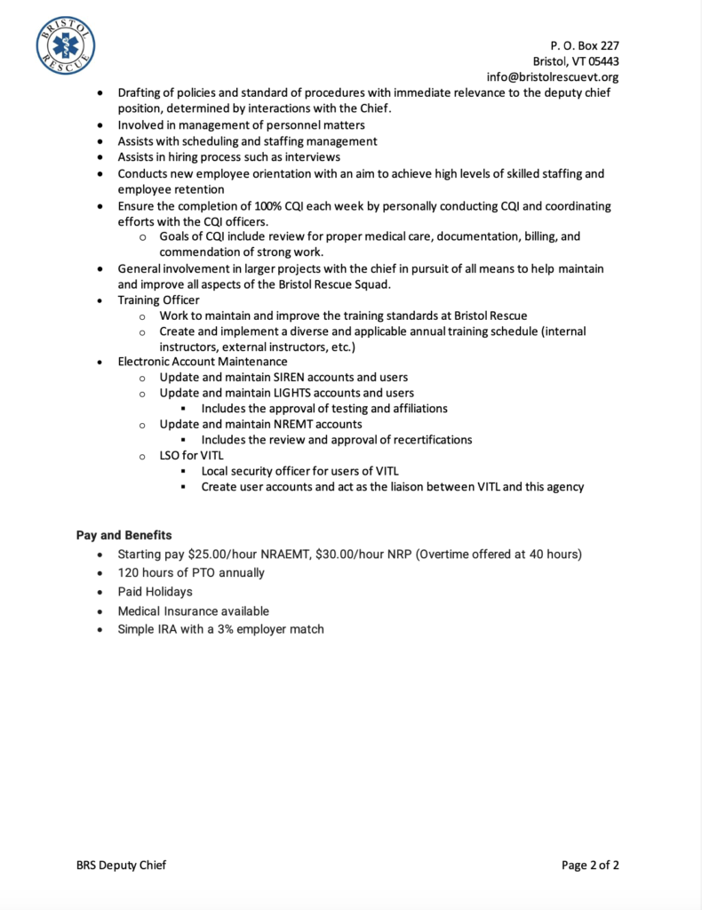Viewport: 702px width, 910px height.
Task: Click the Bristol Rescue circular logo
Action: click(66, 46)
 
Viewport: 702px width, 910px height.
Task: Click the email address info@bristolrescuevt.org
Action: click(553, 77)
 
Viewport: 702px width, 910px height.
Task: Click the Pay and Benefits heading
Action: click(124, 535)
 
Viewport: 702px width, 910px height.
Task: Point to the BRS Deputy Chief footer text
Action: click(121, 865)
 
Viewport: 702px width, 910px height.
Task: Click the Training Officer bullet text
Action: click(158, 300)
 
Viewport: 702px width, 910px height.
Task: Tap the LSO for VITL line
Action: click(191, 455)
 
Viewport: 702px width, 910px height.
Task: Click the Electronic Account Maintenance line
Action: click(203, 362)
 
